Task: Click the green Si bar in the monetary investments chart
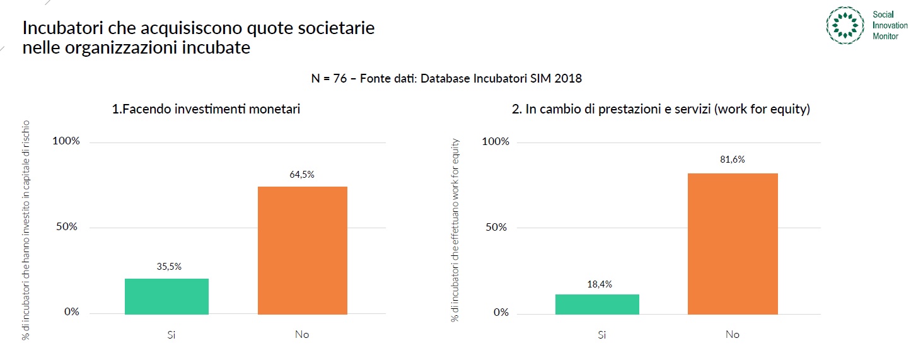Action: [x=166, y=296]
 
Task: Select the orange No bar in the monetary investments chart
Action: [x=302, y=250]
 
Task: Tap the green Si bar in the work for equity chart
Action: [x=597, y=304]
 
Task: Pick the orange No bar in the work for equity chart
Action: [x=733, y=243]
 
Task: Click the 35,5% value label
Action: [x=169, y=267]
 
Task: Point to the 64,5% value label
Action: [x=302, y=175]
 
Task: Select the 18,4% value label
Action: [x=600, y=284]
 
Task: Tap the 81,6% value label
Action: [x=733, y=160]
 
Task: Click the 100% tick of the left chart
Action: [x=66, y=141]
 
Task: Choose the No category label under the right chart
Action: [x=732, y=334]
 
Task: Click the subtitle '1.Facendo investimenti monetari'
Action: [x=206, y=109]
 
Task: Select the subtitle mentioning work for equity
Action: [x=661, y=109]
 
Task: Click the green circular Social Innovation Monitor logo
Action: [x=845, y=25]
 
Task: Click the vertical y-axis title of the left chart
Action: [x=26, y=230]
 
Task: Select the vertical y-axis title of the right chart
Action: [x=454, y=230]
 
